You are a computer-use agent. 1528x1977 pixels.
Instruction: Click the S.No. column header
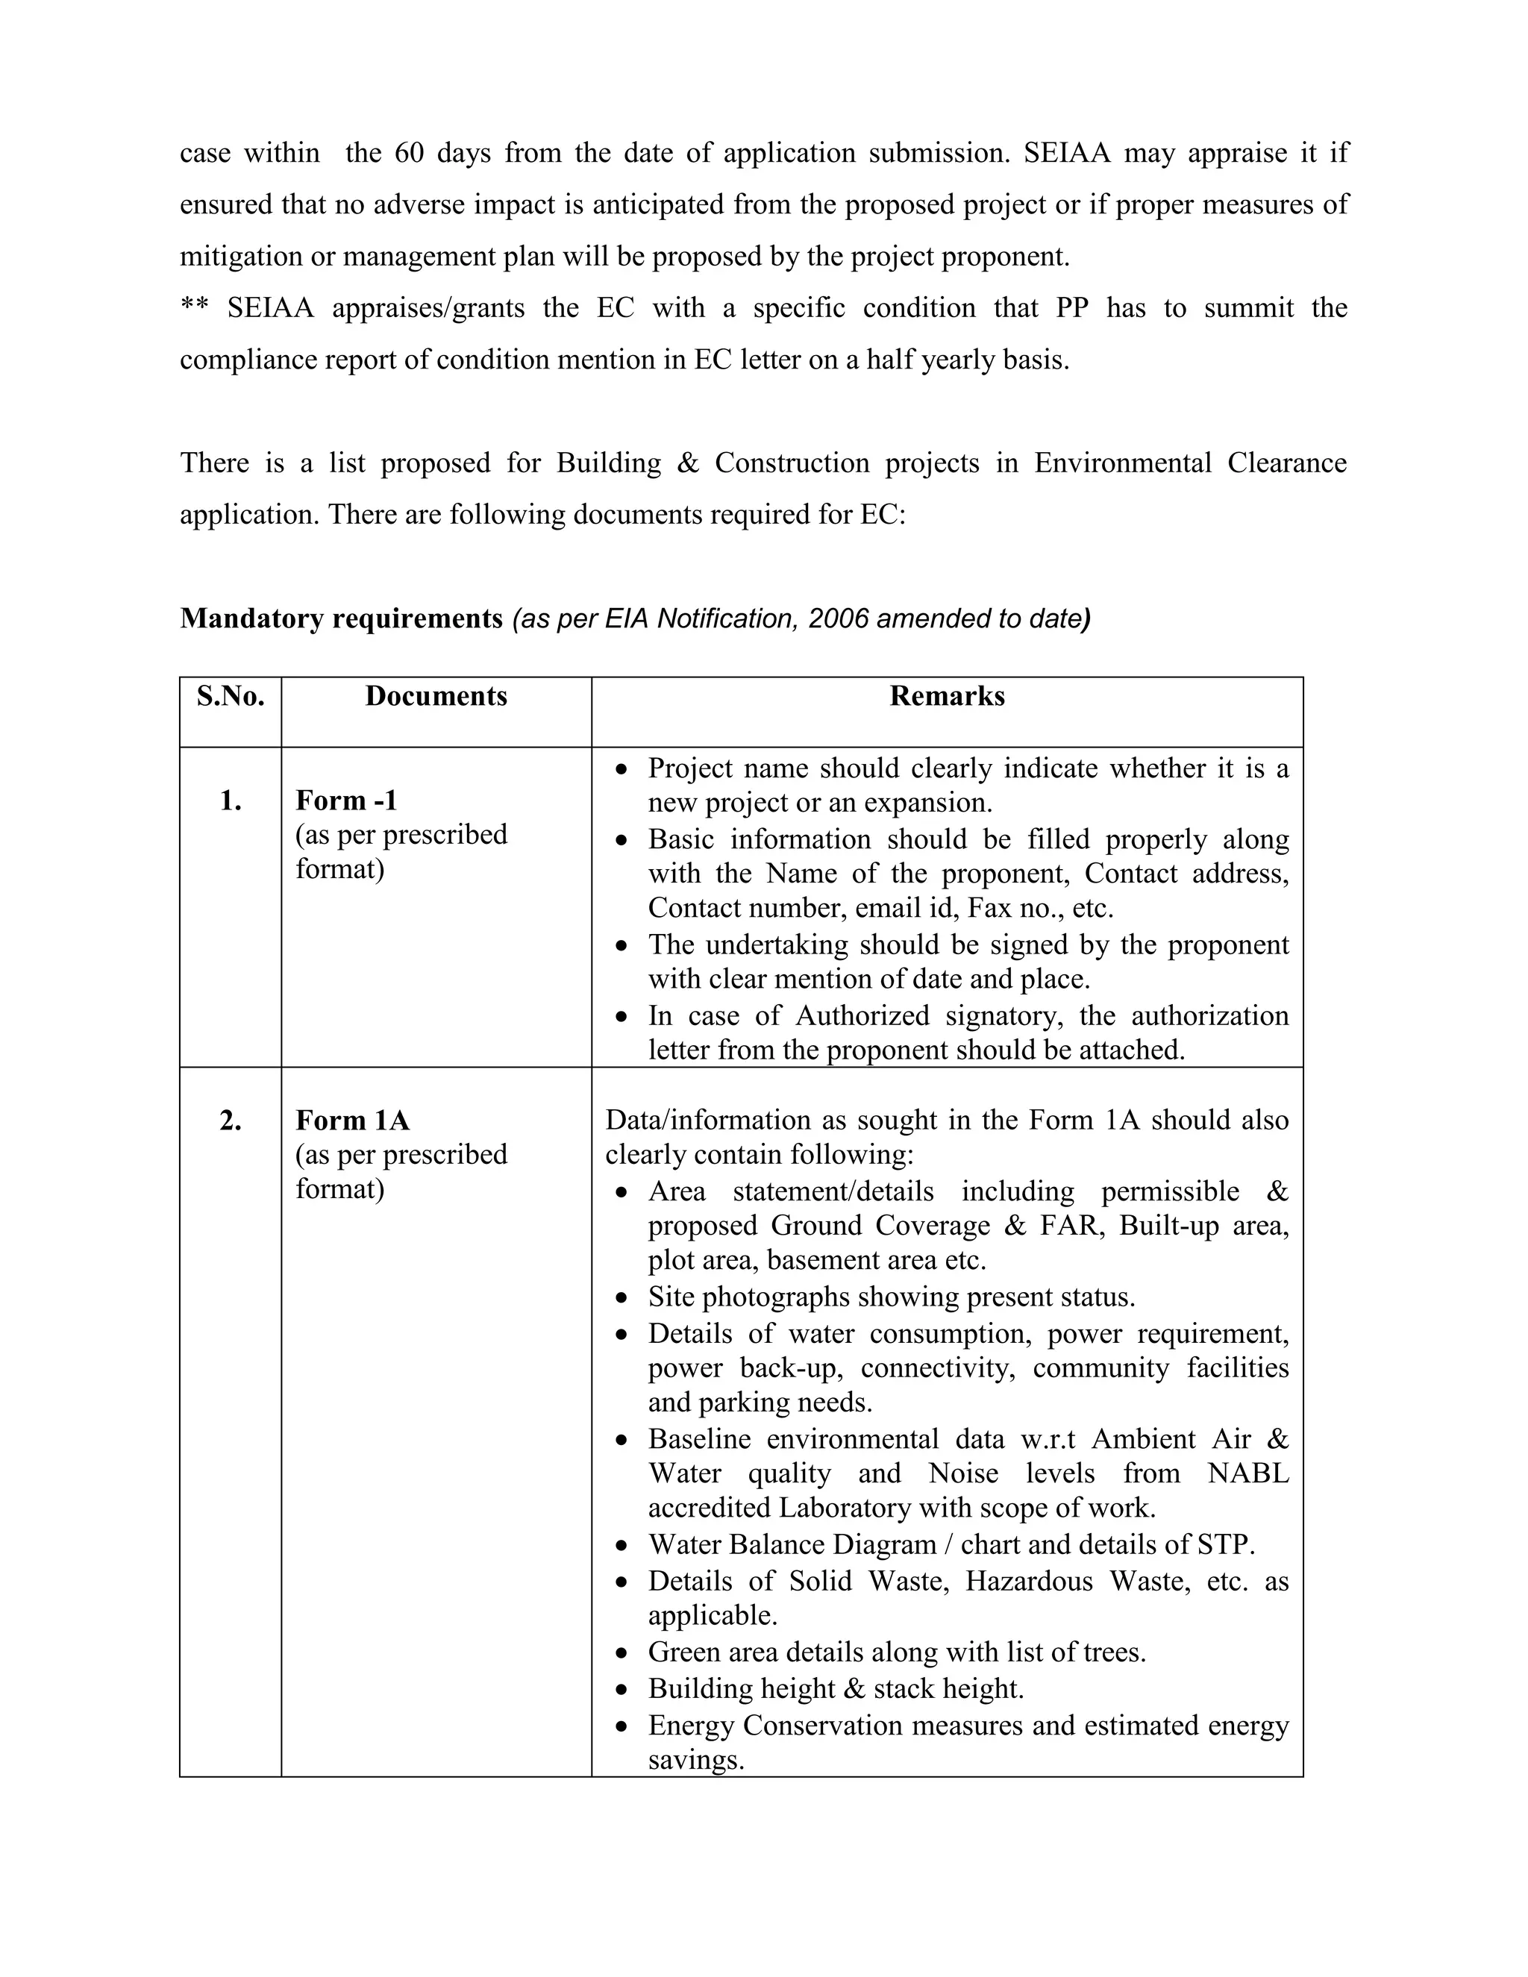click(230, 696)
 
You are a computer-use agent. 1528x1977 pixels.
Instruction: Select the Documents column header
click(436, 696)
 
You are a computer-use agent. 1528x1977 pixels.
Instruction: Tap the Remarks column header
click(946, 696)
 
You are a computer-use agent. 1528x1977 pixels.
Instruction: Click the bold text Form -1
click(345, 800)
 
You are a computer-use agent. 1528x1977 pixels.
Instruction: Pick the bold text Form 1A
click(352, 1121)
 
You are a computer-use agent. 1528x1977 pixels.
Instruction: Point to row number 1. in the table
click(230, 800)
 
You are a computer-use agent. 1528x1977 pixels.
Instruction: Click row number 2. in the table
click(230, 1121)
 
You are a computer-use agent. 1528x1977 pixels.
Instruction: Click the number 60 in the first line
click(408, 153)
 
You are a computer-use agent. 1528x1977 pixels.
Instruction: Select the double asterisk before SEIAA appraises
click(194, 306)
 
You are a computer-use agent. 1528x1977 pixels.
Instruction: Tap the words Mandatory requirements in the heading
click(340, 618)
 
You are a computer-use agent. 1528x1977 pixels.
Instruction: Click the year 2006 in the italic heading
click(837, 618)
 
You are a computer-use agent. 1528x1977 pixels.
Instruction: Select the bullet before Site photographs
click(620, 1298)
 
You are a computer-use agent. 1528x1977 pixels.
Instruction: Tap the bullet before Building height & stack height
click(620, 1689)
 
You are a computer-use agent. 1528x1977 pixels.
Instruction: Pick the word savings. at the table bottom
click(695, 1760)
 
